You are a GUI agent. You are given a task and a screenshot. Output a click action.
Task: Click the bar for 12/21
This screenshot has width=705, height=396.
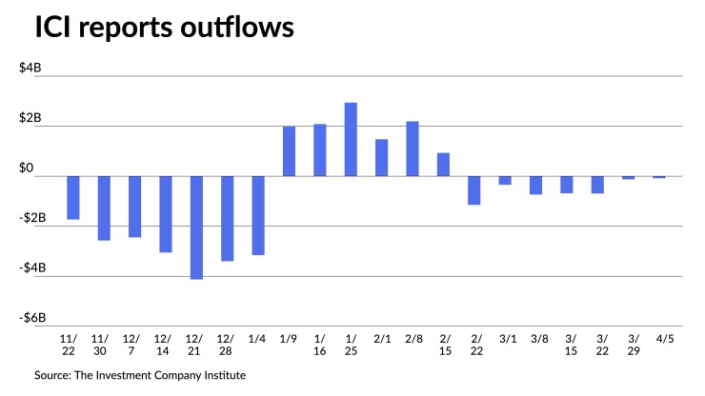(x=196, y=228)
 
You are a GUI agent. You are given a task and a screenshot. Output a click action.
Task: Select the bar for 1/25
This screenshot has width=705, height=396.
(x=351, y=139)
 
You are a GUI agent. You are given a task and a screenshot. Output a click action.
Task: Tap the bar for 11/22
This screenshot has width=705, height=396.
(x=73, y=198)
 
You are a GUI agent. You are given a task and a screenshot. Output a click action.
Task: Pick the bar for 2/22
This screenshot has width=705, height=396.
(x=474, y=190)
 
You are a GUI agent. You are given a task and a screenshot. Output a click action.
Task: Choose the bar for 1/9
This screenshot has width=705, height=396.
(x=289, y=151)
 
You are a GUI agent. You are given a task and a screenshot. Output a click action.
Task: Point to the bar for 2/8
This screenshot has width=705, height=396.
(x=413, y=148)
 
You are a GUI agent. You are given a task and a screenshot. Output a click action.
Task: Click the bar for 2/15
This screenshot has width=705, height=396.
(x=443, y=165)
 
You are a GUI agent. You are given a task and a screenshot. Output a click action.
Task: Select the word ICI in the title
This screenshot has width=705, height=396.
(x=52, y=29)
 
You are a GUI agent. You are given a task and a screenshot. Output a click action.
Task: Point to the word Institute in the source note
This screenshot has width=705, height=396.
(x=221, y=376)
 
